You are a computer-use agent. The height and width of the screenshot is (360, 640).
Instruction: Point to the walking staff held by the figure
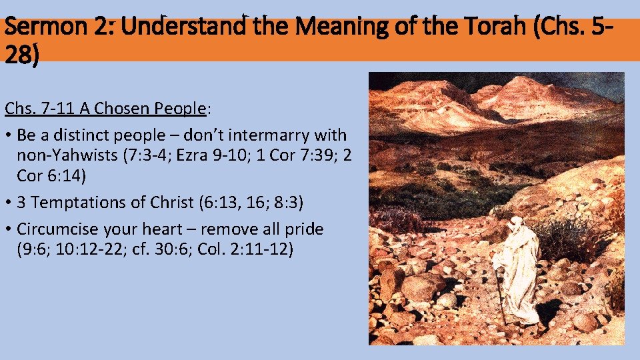499,293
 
